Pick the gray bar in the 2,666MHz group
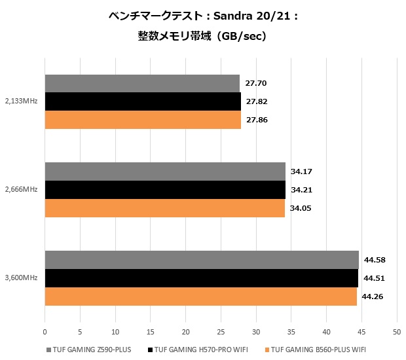(x=164, y=171)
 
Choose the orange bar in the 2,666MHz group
(x=164, y=208)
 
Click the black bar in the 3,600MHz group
(x=201, y=278)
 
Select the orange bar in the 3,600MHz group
(x=200, y=297)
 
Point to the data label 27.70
(x=257, y=84)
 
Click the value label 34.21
(x=303, y=190)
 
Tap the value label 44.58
(x=375, y=260)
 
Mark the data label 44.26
(x=373, y=297)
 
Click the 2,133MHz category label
(x=21, y=101)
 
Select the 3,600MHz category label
(x=21, y=278)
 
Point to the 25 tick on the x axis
(x=221, y=331)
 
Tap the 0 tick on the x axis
(x=45, y=331)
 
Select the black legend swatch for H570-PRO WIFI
(x=150, y=350)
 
